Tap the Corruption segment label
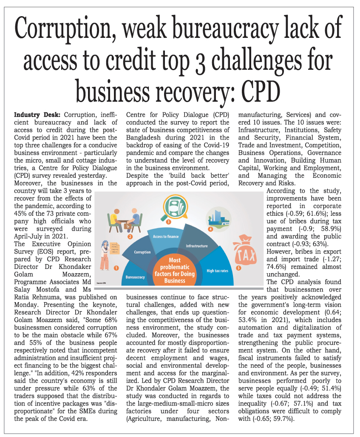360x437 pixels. tap(142, 252)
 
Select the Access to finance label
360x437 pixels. tap(166, 237)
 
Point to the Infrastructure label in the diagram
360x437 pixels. tap(197, 246)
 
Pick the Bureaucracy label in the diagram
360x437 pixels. tap(135, 277)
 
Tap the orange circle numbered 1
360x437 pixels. tap(116, 268)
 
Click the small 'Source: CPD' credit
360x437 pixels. tap(101, 283)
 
